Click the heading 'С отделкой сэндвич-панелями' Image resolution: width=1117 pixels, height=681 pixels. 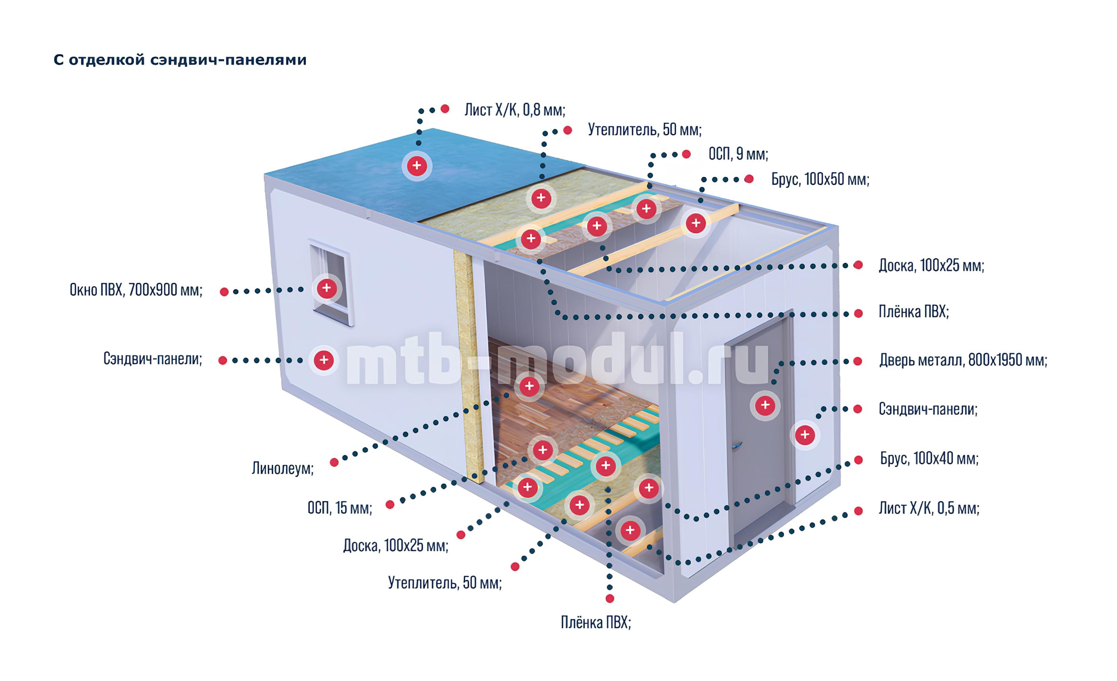pos(180,60)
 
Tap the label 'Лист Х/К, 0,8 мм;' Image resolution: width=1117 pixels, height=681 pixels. pos(515,110)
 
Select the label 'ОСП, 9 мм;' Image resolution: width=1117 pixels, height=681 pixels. pos(738,155)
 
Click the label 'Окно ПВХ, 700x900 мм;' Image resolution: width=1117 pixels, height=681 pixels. pos(136,290)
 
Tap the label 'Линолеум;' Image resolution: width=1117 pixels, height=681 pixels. pos(282,468)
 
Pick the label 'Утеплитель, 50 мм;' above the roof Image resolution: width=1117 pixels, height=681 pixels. pos(645,130)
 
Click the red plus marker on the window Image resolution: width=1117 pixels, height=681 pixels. pos(326,288)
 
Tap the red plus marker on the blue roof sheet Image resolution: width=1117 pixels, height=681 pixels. pos(417,165)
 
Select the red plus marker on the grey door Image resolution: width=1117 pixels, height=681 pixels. pos(765,405)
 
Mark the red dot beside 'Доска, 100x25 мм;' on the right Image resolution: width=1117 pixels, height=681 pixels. pos(858,265)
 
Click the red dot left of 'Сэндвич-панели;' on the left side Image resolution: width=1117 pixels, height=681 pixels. pos(223,361)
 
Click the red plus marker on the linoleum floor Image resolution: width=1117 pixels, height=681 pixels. pos(529,386)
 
